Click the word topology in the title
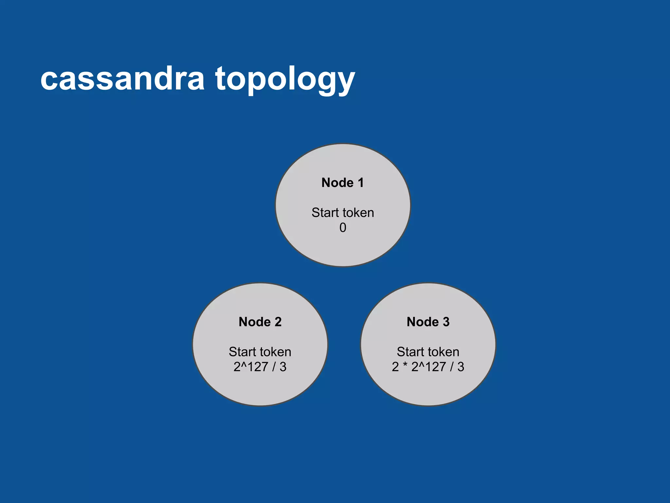[285, 79]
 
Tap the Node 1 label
[343, 183]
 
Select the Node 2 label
[260, 322]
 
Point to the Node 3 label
[428, 322]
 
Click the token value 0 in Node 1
[343, 228]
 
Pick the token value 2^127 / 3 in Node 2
[260, 367]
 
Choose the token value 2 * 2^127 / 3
[428, 367]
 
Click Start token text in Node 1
[343, 213]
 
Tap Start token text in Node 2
[260, 352]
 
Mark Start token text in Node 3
[428, 352]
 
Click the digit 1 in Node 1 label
[361, 183]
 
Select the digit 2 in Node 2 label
[278, 322]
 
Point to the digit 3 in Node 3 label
[446, 322]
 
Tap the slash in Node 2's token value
[274, 367]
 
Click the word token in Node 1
[358, 213]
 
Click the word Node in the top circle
[337, 183]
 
